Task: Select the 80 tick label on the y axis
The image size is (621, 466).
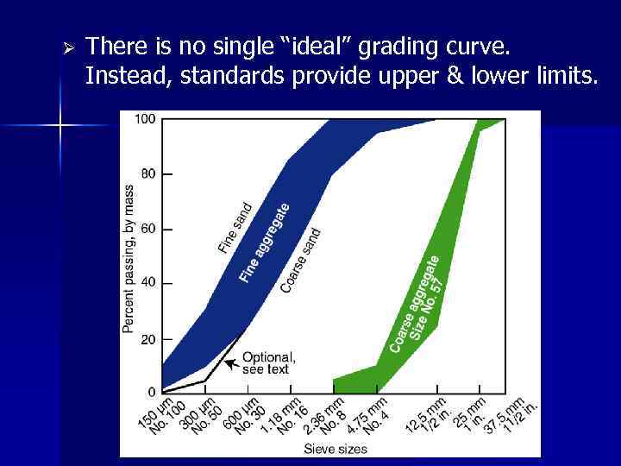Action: pyautogui.click(x=148, y=173)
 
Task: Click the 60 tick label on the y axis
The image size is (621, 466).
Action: pyautogui.click(x=148, y=229)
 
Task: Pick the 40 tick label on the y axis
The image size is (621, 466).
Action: pyautogui.click(x=148, y=283)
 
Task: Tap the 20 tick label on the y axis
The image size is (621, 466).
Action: pyautogui.click(x=148, y=339)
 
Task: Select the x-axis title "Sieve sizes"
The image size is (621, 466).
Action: pyautogui.click(x=335, y=448)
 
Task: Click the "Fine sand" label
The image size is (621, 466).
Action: pyautogui.click(x=235, y=228)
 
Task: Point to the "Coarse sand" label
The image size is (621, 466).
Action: pyautogui.click(x=301, y=259)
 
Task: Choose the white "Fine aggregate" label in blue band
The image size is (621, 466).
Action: pyautogui.click(x=264, y=242)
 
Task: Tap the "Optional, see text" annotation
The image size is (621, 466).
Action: pyautogui.click(x=268, y=363)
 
